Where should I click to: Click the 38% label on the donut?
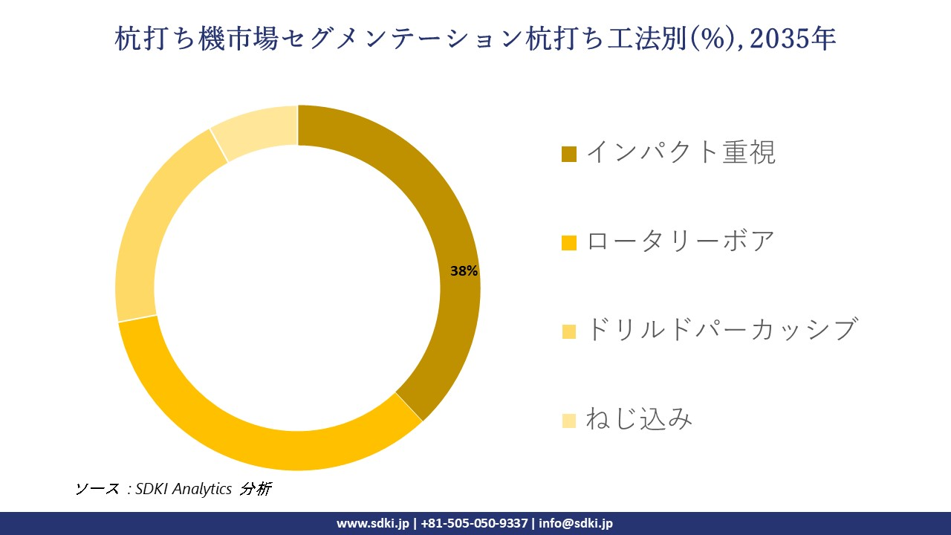click(x=464, y=271)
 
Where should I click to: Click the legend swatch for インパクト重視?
click(x=569, y=154)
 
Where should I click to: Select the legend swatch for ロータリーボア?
click(x=569, y=242)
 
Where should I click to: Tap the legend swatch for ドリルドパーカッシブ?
click(x=569, y=331)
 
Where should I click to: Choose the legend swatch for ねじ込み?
click(x=569, y=421)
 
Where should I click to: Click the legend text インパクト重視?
click(x=681, y=152)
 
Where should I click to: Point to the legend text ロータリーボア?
click(x=681, y=241)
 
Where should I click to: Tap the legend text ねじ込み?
click(x=639, y=419)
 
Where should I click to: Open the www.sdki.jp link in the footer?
click(x=373, y=523)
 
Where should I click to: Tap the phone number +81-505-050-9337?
click(x=474, y=523)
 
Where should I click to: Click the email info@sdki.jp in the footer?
click(x=576, y=523)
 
